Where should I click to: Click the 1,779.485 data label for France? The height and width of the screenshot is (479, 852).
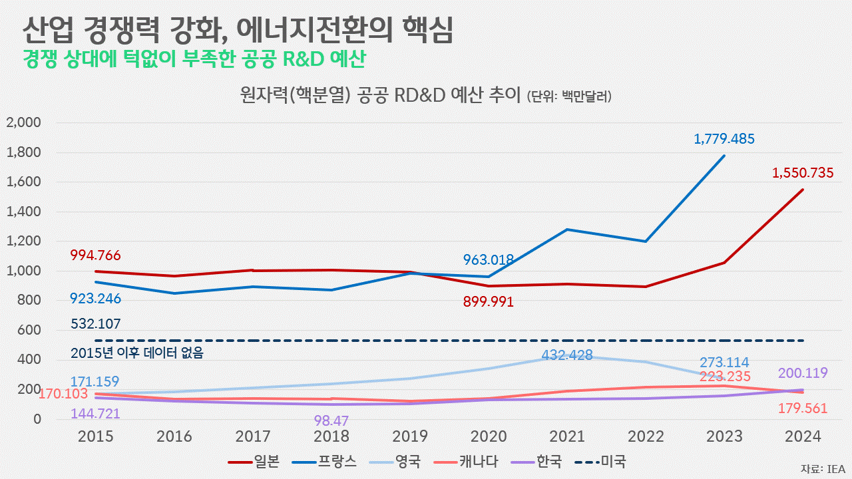point(724,139)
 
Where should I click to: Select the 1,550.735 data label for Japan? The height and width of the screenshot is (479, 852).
point(803,174)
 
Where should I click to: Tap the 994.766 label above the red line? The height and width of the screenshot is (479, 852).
point(96,255)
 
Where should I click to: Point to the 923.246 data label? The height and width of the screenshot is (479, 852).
point(96,299)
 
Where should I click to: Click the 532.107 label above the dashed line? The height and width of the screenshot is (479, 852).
point(96,325)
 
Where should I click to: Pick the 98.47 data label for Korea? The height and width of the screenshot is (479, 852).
point(330,421)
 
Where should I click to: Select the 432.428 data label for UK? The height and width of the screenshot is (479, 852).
point(566,355)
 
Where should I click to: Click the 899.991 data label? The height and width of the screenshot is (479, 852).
point(489,302)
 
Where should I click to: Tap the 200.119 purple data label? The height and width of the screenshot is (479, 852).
point(802,373)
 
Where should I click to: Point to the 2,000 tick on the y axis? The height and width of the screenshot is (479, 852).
point(24,123)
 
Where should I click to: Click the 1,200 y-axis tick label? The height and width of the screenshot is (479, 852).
point(24,241)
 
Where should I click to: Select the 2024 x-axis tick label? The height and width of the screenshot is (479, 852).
point(802,436)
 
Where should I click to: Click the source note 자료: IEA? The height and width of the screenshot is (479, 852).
point(823,468)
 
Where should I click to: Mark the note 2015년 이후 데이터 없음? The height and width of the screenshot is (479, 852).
point(136,353)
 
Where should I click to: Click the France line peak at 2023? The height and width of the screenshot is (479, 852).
point(724,156)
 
